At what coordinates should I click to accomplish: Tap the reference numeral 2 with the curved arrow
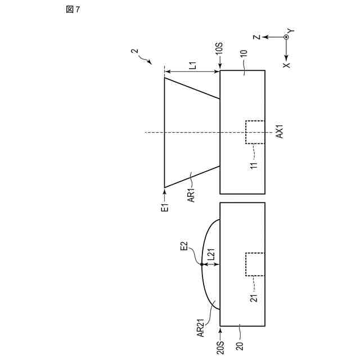point(134,53)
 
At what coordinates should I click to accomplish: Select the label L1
point(192,65)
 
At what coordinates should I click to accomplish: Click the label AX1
point(280,133)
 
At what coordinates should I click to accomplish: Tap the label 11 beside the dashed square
point(254,166)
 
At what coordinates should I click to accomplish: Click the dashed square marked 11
point(255,133)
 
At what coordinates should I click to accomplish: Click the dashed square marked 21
point(255,264)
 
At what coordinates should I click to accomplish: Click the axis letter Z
point(256,37)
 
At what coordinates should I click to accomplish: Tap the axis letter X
point(286,65)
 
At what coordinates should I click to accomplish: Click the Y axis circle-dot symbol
point(286,37)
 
